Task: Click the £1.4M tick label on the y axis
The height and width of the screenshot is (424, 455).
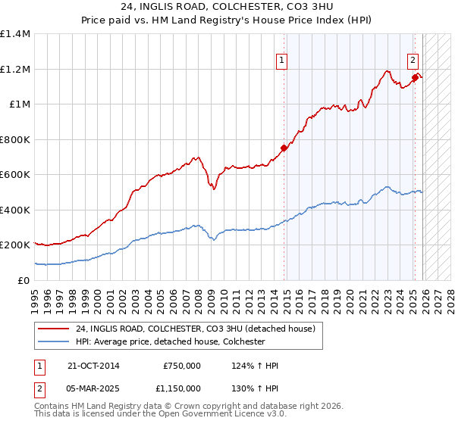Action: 15,34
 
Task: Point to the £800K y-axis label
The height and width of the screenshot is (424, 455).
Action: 15,139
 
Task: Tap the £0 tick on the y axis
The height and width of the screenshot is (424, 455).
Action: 24,280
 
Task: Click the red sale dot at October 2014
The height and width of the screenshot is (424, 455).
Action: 284,148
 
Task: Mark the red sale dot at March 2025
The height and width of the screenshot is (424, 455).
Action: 415,77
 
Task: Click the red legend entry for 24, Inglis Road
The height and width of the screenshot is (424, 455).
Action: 201,328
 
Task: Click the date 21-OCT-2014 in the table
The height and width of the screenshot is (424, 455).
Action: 93,366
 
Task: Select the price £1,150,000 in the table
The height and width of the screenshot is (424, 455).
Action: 182,388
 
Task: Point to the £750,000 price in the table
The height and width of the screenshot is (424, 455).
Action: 182,366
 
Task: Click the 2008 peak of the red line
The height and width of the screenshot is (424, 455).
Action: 196,157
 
